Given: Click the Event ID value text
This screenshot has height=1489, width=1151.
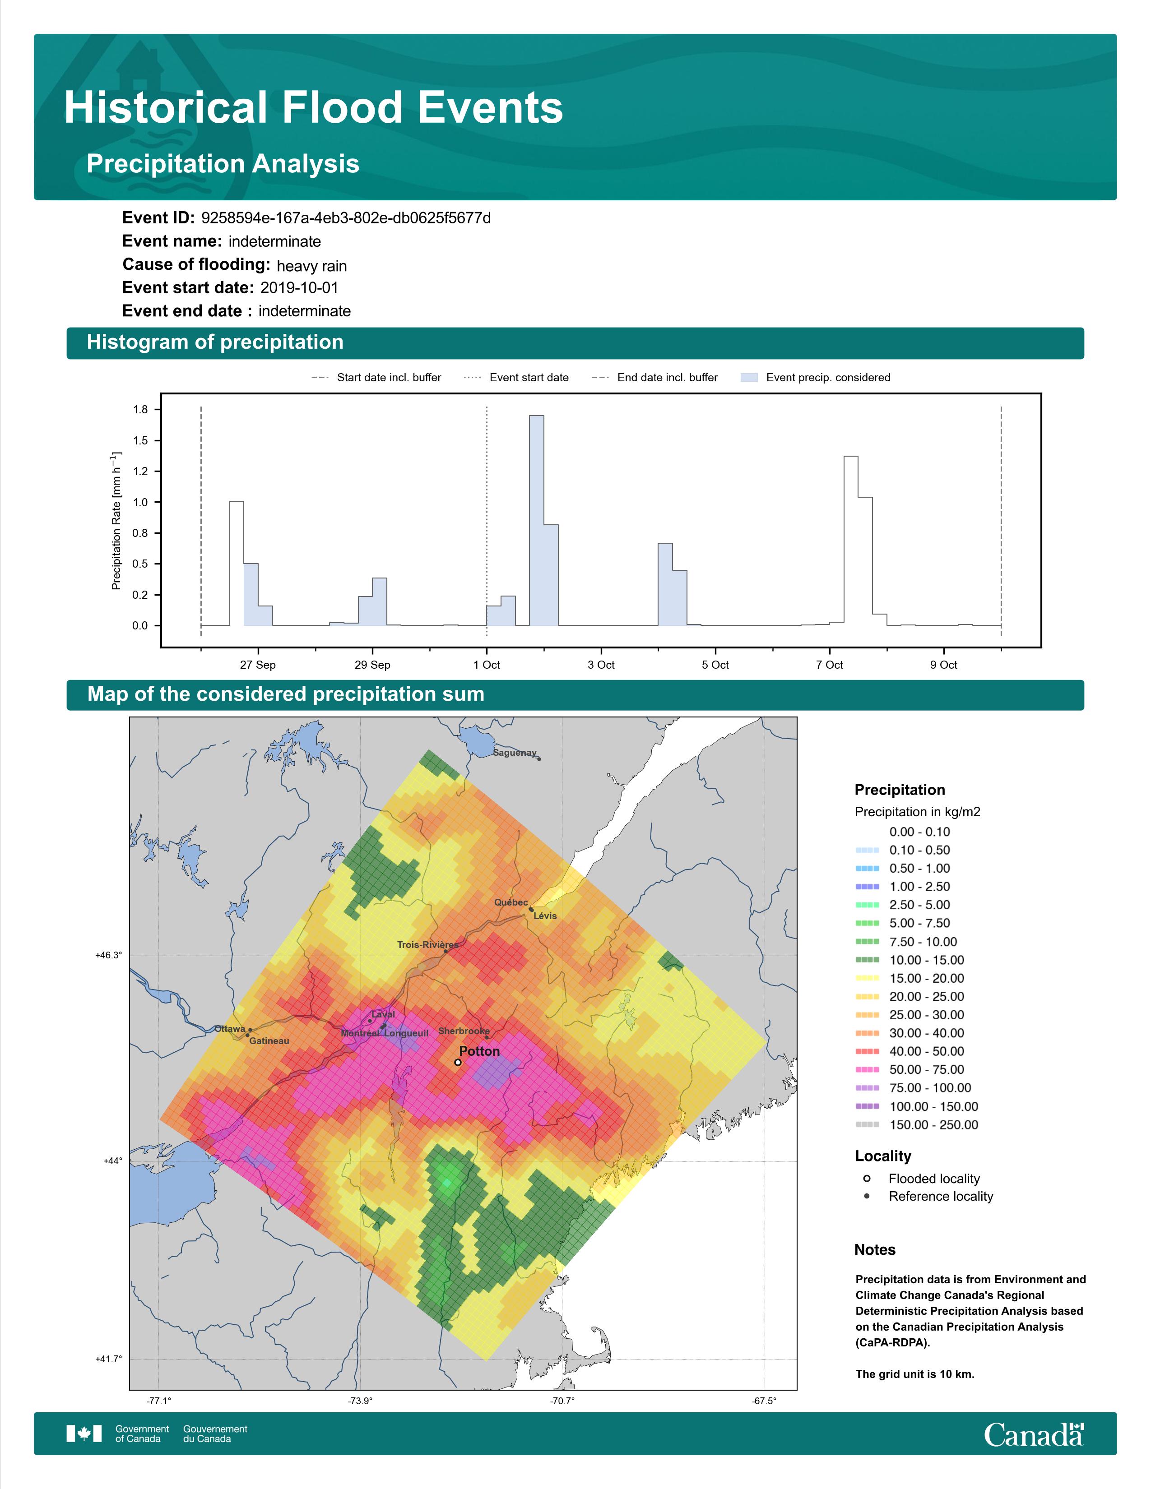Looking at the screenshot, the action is (346, 218).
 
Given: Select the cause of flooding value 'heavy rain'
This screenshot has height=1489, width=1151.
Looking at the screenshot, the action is (311, 266).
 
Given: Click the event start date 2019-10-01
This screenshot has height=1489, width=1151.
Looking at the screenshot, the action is (299, 288).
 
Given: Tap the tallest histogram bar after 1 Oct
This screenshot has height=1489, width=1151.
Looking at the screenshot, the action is (537, 520).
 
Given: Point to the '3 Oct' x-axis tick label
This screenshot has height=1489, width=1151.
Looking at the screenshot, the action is (601, 665).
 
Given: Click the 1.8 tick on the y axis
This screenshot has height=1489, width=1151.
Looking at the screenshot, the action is (140, 410).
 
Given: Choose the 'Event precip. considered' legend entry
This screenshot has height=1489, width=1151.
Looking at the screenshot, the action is (816, 378).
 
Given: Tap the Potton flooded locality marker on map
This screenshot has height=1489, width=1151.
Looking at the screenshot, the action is (458, 1062).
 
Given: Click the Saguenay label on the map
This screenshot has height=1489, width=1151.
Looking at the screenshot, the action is (515, 753).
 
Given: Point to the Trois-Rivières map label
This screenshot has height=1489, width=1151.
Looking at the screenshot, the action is (427, 945).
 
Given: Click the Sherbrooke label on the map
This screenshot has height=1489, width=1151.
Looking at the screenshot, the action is (464, 1031).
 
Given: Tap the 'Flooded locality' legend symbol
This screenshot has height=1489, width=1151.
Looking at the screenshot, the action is (867, 1178).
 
